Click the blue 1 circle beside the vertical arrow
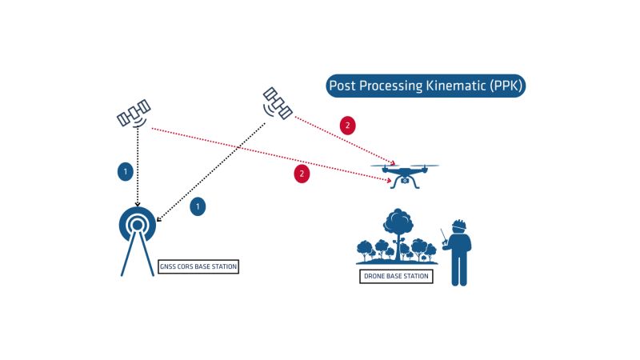[x=124, y=170]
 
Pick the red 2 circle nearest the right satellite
[x=346, y=126]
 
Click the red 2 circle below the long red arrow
[x=302, y=173]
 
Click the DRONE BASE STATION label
[x=397, y=276]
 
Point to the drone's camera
[x=405, y=182]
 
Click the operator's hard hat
[x=458, y=224]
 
